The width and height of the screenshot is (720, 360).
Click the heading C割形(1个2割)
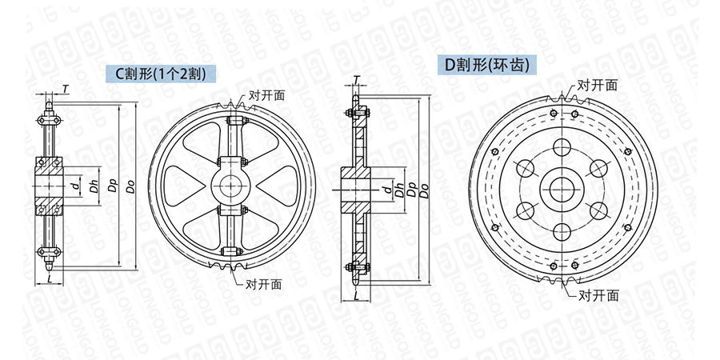point(161,74)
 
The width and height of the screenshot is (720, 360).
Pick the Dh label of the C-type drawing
point(94,186)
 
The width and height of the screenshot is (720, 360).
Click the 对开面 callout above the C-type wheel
point(266,95)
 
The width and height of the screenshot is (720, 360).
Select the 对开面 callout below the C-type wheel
point(263,285)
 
